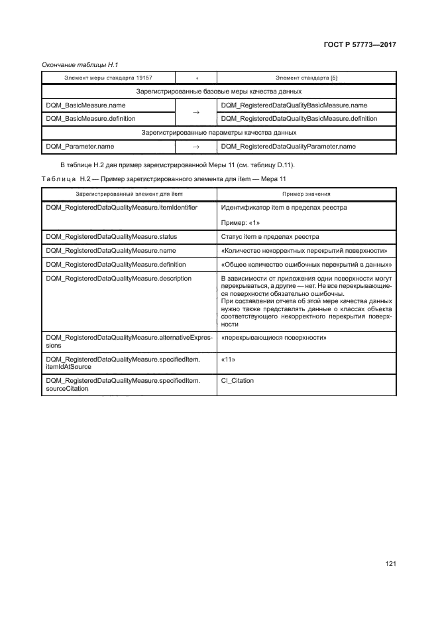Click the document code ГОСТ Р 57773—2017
click(356, 46)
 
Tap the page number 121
click(390, 564)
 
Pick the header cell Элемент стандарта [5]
click(306, 78)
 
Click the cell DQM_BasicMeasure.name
click(85, 105)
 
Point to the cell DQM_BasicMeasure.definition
click(90, 119)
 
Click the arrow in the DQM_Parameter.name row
click(195, 146)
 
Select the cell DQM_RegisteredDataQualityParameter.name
click(288, 146)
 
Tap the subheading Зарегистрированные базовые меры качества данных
click(219, 92)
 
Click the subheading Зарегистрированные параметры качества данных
click(219, 133)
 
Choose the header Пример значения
click(306, 194)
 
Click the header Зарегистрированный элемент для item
click(129, 194)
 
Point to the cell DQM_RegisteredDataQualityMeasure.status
click(111, 236)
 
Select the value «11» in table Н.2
click(229, 359)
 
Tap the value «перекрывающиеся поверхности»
click(273, 338)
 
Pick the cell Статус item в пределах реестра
click(270, 236)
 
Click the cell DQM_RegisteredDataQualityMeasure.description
click(118, 279)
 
